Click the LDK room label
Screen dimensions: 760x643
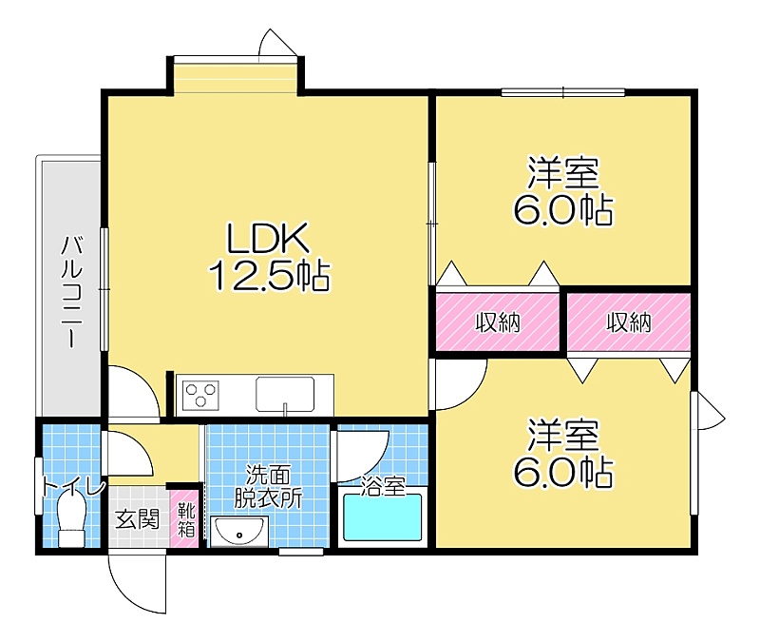(x=268, y=239)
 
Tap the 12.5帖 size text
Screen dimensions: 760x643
(x=269, y=276)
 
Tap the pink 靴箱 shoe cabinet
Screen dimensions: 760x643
(x=184, y=519)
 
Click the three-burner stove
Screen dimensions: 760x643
(x=200, y=395)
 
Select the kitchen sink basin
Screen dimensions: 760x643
(x=285, y=394)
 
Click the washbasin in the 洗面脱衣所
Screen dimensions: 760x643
(x=239, y=532)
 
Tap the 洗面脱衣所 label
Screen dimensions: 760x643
(x=269, y=486)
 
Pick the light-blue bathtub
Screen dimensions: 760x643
(x=383, y=517)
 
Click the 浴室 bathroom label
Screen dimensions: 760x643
(x=383, y=487)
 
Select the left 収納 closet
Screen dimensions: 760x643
(x=497, y=321)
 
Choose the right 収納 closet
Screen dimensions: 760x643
(x=629, y=321)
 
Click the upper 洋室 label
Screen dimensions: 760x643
(x=563, y=172)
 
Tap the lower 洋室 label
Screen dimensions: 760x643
(x=563, y=435)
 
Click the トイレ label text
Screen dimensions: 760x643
(x=73, y=486)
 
